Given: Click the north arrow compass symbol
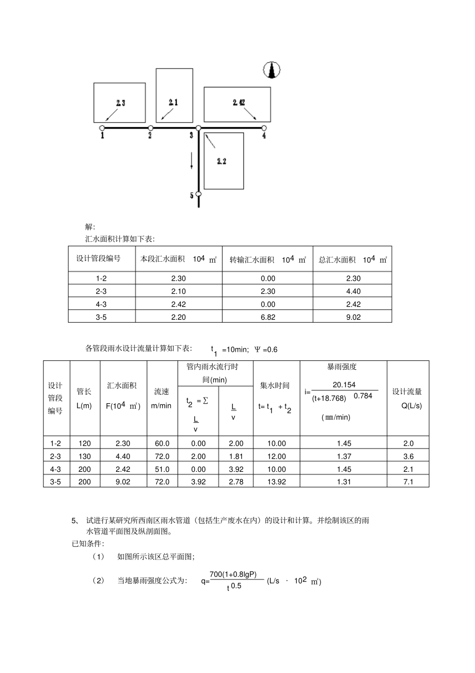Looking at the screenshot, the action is click(x=272, y=71).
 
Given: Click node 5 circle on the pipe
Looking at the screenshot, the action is click(x=198, y=194).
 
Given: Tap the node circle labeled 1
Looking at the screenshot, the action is click(x=102, y=128).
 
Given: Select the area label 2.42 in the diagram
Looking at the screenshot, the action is click(x=238, y=103).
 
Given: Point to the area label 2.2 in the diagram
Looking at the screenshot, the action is click(x=221, y=161).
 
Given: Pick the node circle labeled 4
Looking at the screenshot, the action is click(x=263, y=128).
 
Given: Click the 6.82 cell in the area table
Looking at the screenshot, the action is click(x=267, y=317).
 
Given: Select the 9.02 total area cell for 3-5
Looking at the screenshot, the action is click(x=353, y=317).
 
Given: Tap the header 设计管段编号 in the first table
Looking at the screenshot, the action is click(x=98, y=259).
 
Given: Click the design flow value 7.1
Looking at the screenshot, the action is click(x=408, y=482).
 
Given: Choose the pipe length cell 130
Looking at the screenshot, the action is click(x=85, y=456).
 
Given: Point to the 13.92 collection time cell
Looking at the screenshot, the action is click(x=276, y=482).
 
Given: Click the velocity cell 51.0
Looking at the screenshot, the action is click(x=162, y=469).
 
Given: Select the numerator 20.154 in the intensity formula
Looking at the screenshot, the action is click(x=344, y=385).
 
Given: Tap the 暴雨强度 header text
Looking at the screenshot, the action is click(x=342, y=367).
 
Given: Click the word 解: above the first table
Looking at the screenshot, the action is click(x=90, y=227).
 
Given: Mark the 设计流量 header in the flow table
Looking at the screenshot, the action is click(x=407, y=392).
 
